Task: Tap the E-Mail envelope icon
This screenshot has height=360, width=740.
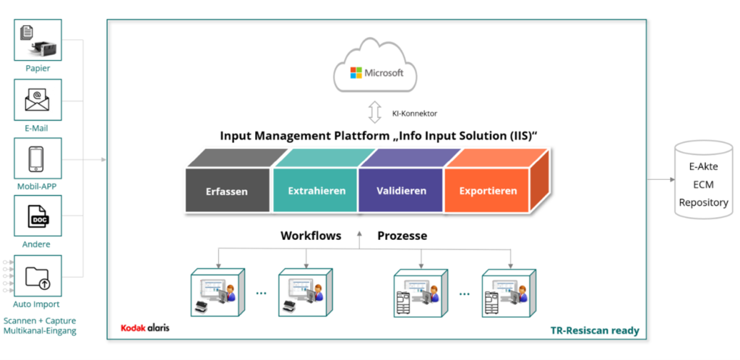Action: point(38,100)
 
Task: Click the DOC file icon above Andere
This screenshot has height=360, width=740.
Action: point(38,217)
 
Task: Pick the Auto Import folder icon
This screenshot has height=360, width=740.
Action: point(38,275)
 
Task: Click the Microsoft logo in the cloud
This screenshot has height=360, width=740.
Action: point(376,73)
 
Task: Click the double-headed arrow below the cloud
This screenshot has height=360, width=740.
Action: point(374,113)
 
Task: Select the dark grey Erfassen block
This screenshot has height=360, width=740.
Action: point(227,192)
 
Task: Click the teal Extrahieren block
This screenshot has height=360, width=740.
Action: point(316,191)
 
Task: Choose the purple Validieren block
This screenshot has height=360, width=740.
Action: point(401,191)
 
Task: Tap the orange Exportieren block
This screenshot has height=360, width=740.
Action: point(488,191)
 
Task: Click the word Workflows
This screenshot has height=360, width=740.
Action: point(311,236)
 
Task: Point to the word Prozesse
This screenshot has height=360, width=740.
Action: point(402,236)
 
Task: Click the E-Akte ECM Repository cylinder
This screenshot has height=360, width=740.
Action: point(703,184)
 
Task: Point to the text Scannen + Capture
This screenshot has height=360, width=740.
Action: point(40,320)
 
